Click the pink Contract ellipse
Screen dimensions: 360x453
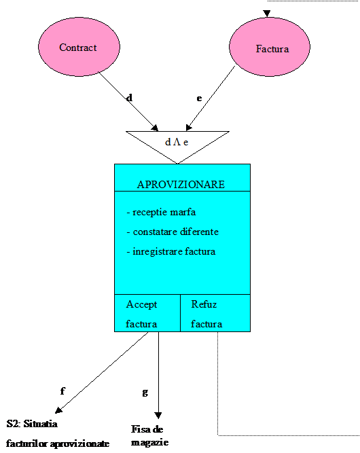tap(79, 47)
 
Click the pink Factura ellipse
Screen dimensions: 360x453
tap(270, 47)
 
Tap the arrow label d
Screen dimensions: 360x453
tap(130, 98)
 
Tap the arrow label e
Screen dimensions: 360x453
tap(199, 98)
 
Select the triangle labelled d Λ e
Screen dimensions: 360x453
tap(177, 143)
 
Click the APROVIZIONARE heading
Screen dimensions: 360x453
tap(181, 185)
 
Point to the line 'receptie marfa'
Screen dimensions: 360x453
tap(161, 213)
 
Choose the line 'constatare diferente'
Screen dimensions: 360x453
tap(173, 232)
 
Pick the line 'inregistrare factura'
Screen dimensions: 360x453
tap(171, 252)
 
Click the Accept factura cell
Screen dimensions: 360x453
tap(147, 313)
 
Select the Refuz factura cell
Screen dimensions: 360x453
tap(215, 313)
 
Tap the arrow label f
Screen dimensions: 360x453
tap(62, 391)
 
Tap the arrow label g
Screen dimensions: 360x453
tap(145, 393)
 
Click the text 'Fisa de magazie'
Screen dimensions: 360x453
tap(149, 435)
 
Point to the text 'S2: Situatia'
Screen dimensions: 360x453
tap(32, 424)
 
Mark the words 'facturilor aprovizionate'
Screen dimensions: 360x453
tap(58, 443)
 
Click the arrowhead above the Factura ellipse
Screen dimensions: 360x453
tap(267, 14)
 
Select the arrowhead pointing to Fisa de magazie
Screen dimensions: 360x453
tap(158, 416)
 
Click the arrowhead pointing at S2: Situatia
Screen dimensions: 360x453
tap(58, 410)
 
